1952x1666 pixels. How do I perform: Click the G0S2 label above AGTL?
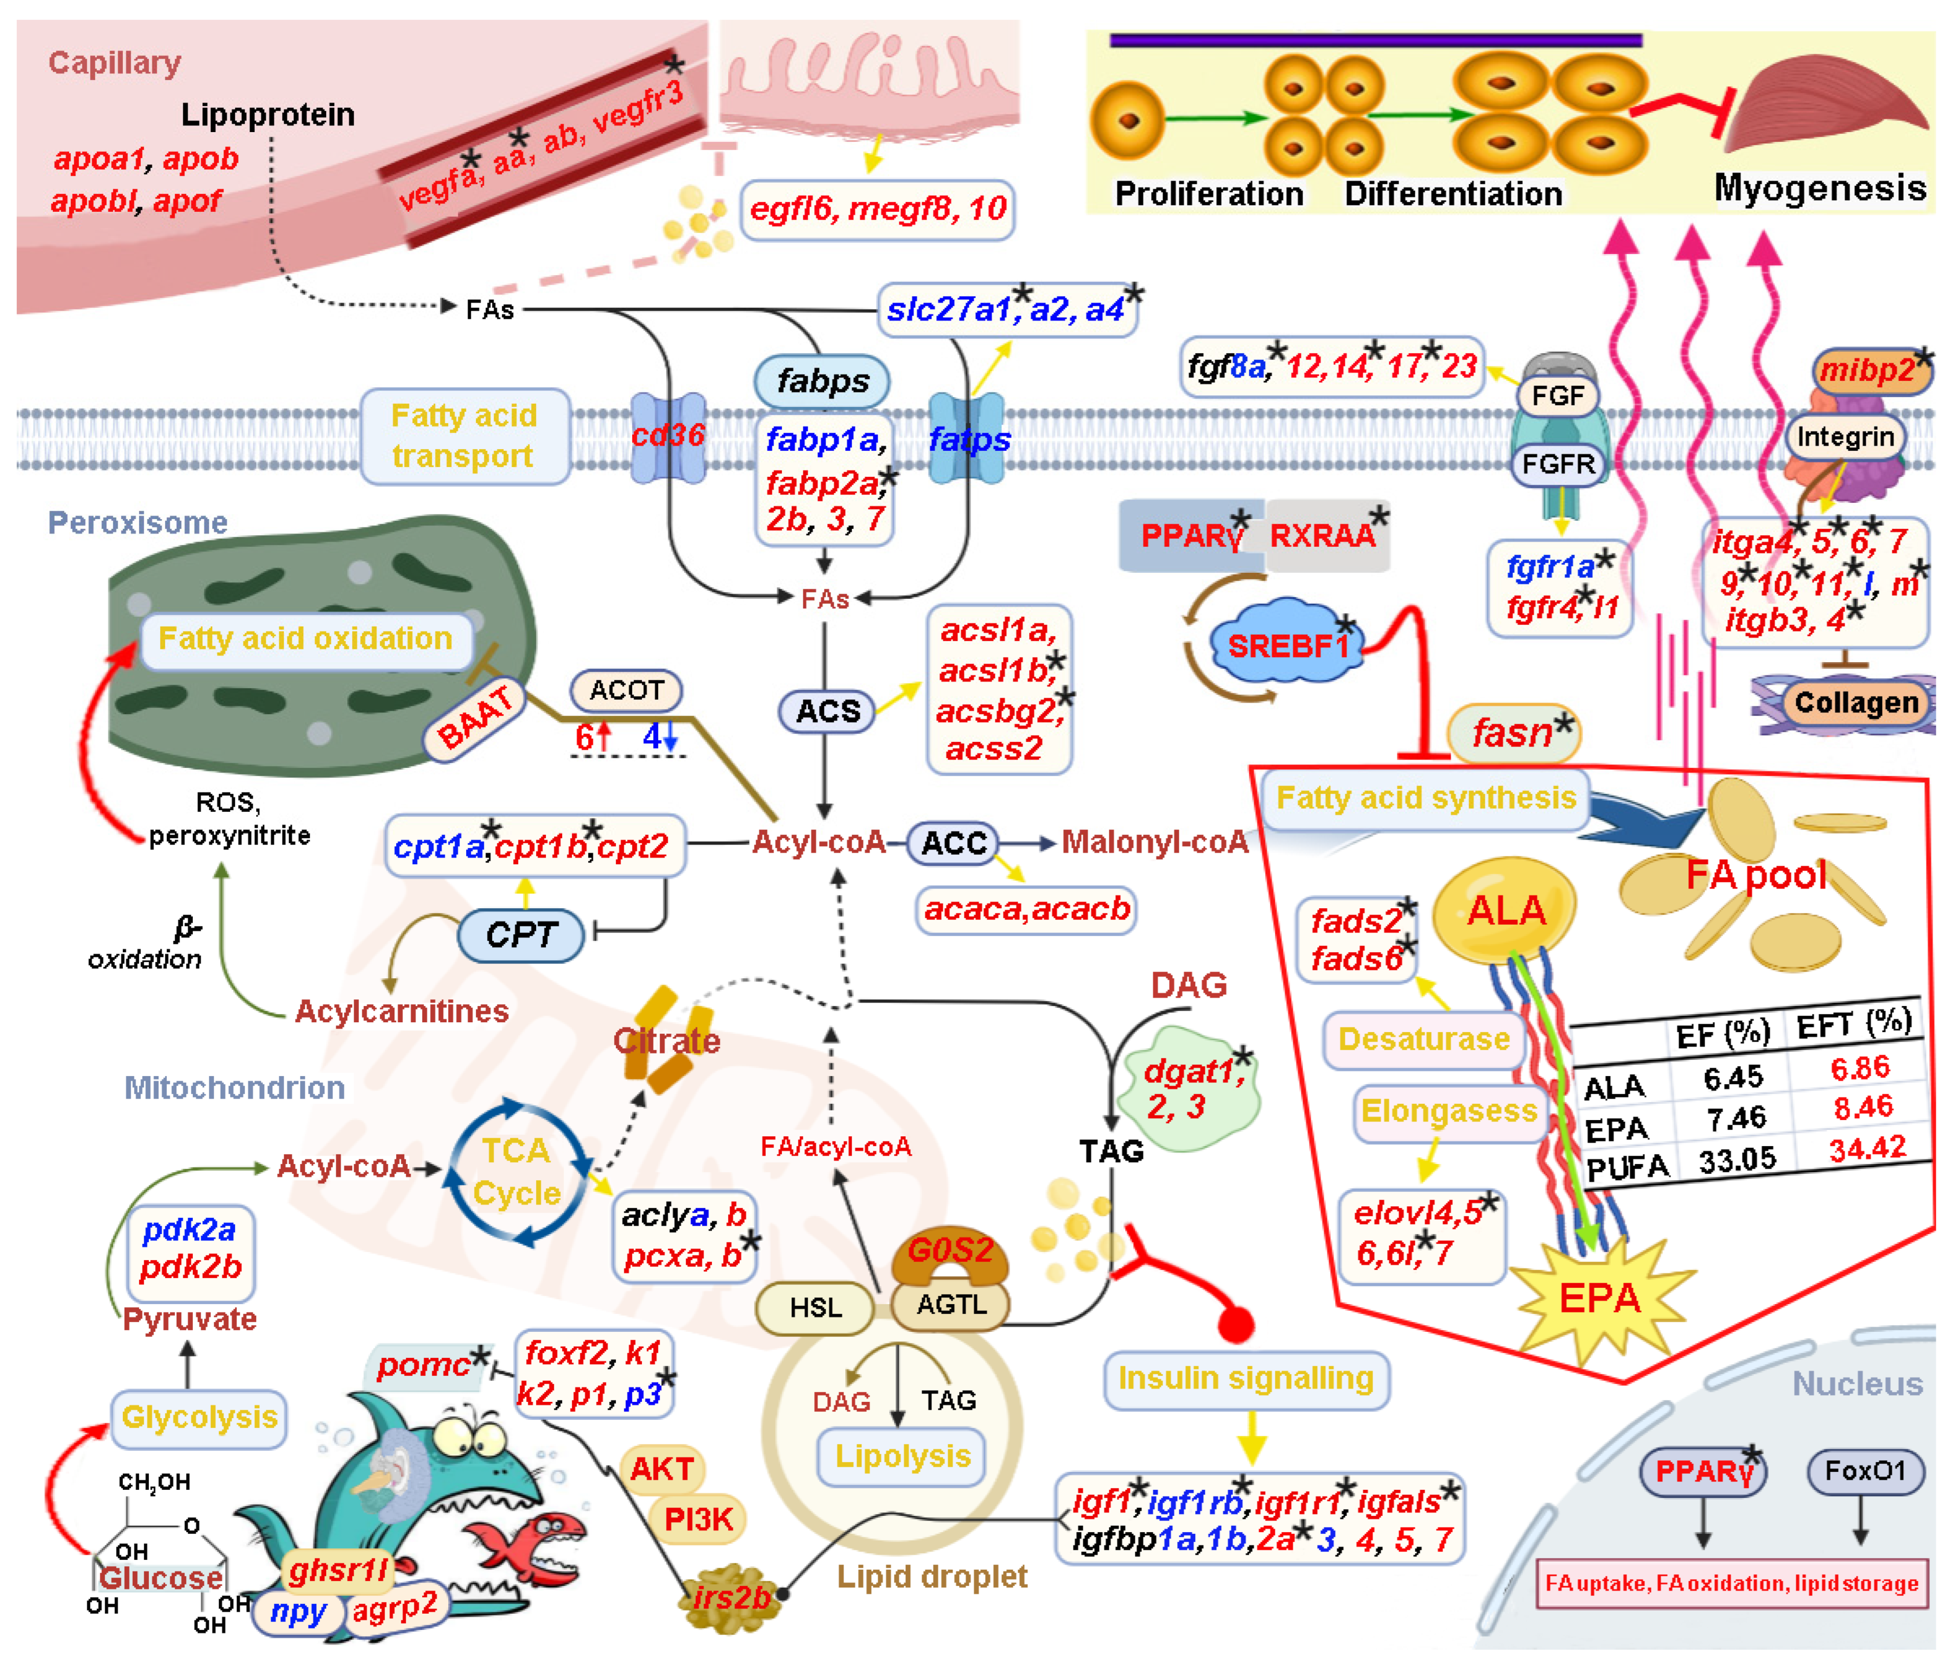pyautogui.click(x=950, y=1250)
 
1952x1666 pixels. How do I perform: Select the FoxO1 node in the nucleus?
pyautogui.click(x=1864, y=1471)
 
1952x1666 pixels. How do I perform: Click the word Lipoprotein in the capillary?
pyautogui.click(x=267, y=115)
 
